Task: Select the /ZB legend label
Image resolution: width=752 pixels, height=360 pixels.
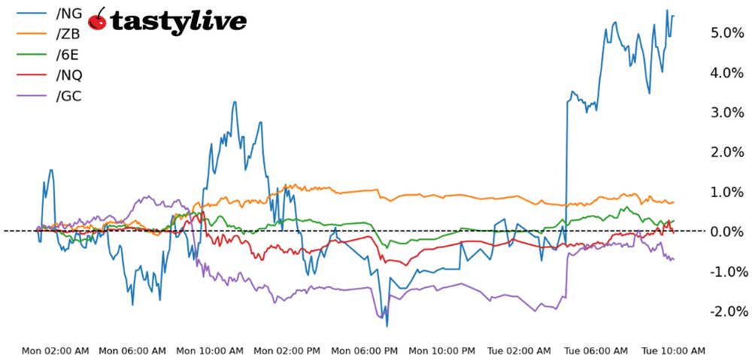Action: coord(68,34)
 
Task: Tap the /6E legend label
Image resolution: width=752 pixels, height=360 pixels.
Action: coord(68,54)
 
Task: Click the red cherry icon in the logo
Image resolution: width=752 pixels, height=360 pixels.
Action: coord(98,20)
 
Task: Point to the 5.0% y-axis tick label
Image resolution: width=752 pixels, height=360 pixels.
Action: coord(727,33)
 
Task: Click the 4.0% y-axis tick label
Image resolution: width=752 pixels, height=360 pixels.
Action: coord(727,73)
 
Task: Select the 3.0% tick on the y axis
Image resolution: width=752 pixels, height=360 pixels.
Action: coord(727,113)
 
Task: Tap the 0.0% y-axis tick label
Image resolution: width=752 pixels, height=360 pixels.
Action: coord(727,231)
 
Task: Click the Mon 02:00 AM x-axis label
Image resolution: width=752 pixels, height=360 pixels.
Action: coord(56,350)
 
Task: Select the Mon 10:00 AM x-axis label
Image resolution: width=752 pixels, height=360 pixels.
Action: coord(211,350)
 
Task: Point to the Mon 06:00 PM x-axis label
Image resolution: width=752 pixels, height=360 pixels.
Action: coord(365,350)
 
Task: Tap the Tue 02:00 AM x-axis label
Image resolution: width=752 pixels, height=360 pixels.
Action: coord(520,350)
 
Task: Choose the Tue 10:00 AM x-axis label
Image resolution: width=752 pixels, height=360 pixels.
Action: coord(673,350)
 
